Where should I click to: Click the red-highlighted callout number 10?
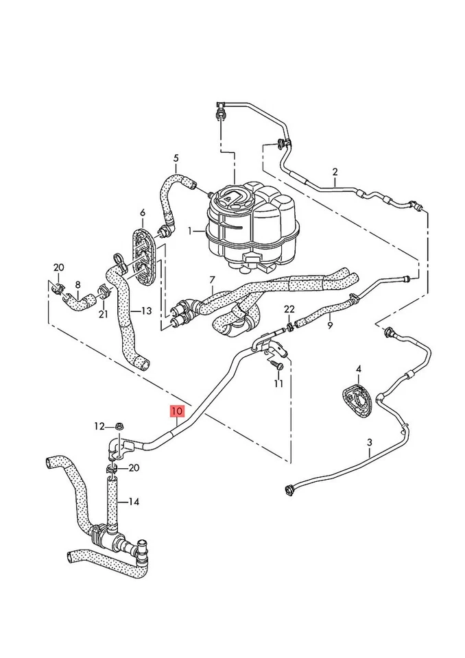177,411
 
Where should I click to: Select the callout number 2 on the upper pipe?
335,171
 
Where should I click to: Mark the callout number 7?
212,280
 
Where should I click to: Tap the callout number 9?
330,325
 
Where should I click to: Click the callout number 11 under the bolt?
278,384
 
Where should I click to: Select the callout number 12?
99,426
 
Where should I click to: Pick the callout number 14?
134,502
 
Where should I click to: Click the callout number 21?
103,315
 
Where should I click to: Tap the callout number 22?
289,309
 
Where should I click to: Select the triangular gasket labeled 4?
357,400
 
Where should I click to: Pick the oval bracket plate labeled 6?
143,256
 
